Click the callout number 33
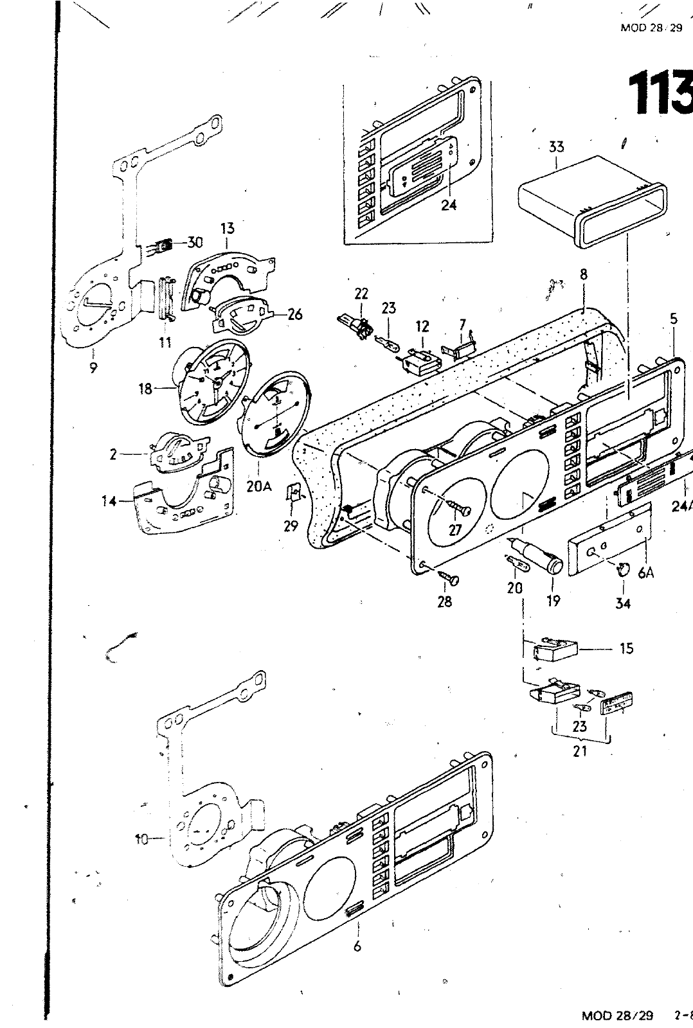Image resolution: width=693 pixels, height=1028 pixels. (x=556, y=147)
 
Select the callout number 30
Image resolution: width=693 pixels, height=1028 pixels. (x=195, y=242)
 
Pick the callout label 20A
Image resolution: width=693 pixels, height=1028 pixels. (x=258, y=486)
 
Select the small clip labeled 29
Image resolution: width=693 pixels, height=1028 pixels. (x=295, y=496)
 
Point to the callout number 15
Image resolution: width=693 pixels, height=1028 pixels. (x=626, y=648)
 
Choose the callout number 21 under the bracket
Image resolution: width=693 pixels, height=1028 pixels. (x=580, y=750)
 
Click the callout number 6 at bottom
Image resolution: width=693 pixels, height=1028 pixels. (x=357, y=946)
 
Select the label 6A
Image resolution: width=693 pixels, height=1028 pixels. (x=645, y=574)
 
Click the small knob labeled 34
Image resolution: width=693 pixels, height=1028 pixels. (x=622, y=569)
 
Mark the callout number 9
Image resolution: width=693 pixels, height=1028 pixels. (x=93, y=368)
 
